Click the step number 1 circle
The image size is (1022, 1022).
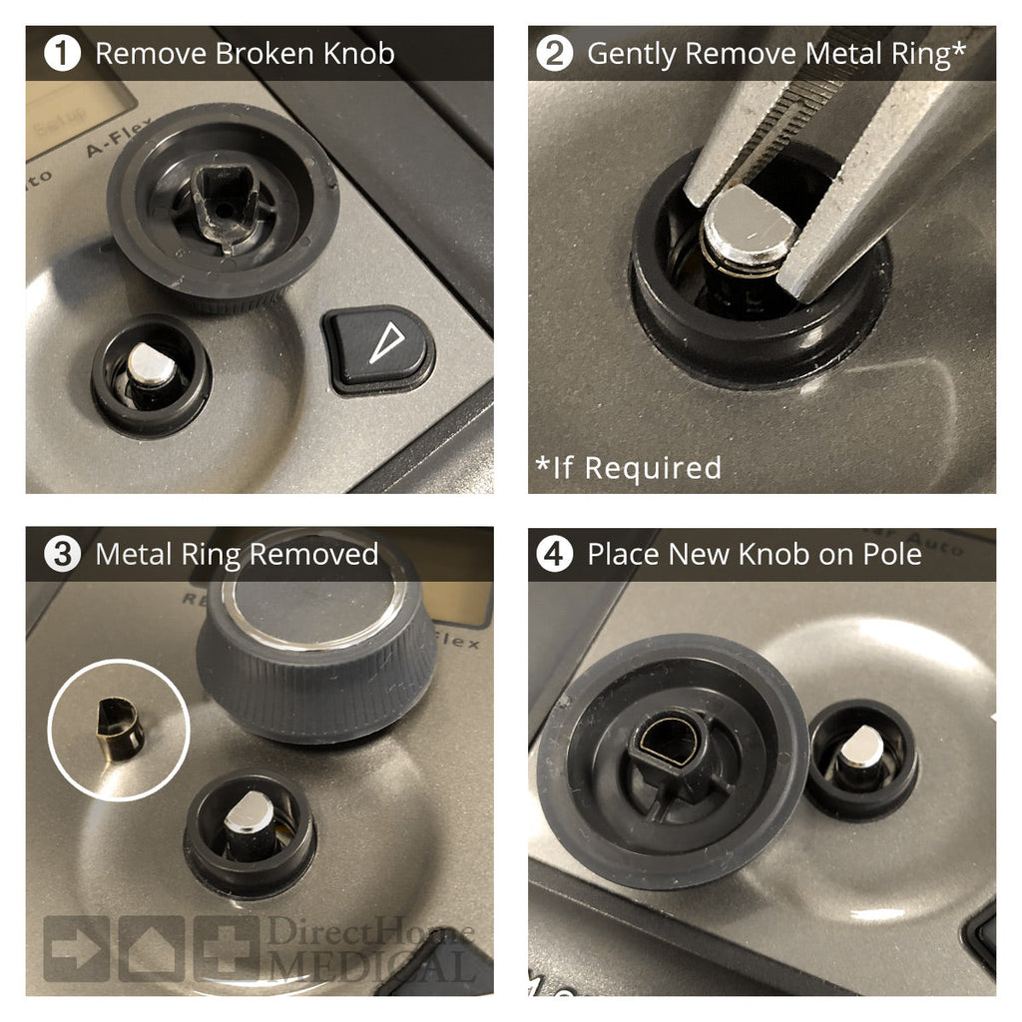point(63,53)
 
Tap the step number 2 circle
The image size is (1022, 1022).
point(555,53)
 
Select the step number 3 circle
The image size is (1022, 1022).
point(63,554)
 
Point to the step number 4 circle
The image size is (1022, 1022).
point(555,554)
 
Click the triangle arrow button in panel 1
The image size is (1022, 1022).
point(379,347)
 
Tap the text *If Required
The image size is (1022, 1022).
point(628,466)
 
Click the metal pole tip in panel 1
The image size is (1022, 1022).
point(151,365)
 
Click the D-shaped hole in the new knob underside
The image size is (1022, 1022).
point(670,744)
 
